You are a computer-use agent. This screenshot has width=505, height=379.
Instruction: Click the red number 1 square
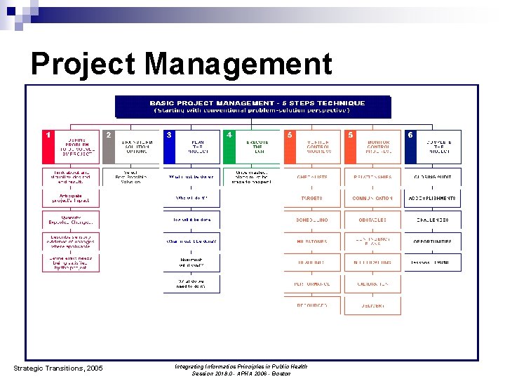point(48,135)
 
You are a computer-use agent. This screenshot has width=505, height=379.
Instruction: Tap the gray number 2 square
point(108,135)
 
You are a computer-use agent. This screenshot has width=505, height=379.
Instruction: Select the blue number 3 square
point(169,135)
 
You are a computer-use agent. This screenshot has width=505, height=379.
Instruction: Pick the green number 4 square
point(229,135)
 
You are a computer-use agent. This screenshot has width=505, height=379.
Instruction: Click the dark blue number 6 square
point(410,135)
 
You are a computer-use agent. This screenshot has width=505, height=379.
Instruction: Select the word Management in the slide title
point(238,65)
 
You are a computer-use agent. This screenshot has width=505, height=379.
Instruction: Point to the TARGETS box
point(311,199)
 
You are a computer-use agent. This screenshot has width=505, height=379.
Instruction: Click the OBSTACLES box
point(372,220)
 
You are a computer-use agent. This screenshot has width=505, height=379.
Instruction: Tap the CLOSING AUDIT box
point(433,177)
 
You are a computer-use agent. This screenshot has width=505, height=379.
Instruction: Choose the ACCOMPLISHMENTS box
point(433,199)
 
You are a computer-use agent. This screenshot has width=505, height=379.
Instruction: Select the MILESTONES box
point(311,241)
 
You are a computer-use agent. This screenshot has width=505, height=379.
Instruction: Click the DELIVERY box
point(372,305)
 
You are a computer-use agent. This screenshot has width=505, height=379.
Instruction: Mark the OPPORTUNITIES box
point(433,241)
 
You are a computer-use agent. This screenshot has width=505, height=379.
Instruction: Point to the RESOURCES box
point(311,305)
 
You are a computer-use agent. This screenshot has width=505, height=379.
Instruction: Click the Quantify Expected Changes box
point(71,220)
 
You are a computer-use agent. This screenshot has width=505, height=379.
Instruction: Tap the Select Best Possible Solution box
point(131,177)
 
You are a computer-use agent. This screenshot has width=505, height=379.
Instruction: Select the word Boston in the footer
point(281,373)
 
